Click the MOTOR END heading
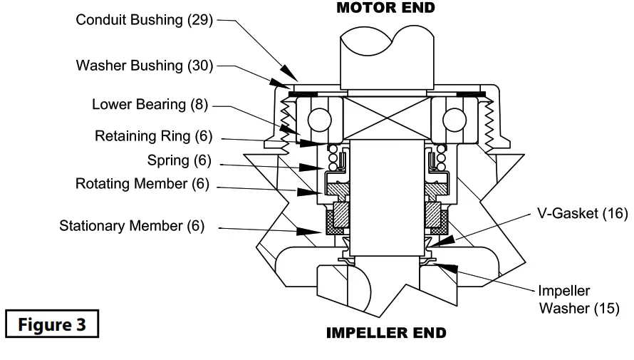[x=385, y=8]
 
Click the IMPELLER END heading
[x=385, y=333]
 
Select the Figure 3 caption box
[x=51, y=324]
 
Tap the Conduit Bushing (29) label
[x=145, y=20]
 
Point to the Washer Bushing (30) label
[x=145, y=66]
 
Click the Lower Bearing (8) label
[x=150, y=105]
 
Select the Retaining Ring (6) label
[x=153, y=135]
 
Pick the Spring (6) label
[x=178, y=159]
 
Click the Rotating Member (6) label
[x=142, y=183]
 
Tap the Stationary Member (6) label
[x=132, y=226]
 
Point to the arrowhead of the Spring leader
[x=311, y=168]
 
